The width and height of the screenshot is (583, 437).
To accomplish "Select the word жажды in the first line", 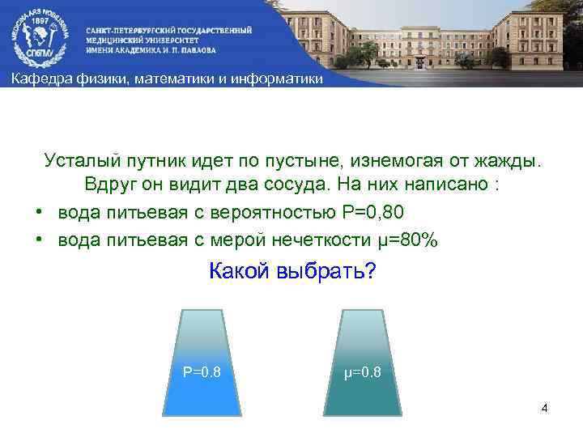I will click(x=509, y=160).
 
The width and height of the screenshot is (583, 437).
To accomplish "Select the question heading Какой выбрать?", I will click(x=291, y=271).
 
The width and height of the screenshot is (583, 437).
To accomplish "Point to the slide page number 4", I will click(x=545, y=408).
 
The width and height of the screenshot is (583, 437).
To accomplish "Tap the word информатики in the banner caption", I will click(x=278, y=78).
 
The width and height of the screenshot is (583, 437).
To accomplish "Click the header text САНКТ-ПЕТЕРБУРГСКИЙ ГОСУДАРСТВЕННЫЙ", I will click(x=169, y=29).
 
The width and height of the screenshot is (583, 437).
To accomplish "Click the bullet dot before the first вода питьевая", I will click(x=38, y=212).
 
